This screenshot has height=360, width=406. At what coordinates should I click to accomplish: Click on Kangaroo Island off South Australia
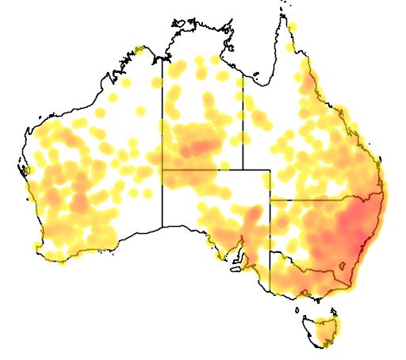click(x=236, y=269)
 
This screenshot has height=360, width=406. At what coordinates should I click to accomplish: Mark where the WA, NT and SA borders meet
click(x=163, y=170)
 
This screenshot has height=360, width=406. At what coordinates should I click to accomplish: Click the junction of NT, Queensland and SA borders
click(x=243, y=170)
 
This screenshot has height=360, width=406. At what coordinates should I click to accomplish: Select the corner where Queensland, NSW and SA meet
click(x=270, y=200)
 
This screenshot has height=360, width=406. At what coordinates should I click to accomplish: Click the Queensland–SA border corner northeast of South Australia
click(x=270, y=170)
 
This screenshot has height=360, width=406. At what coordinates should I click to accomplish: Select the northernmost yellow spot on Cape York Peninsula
click(x=292, y=27)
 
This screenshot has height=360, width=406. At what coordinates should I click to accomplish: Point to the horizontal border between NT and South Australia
click(x=202, y=170)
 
